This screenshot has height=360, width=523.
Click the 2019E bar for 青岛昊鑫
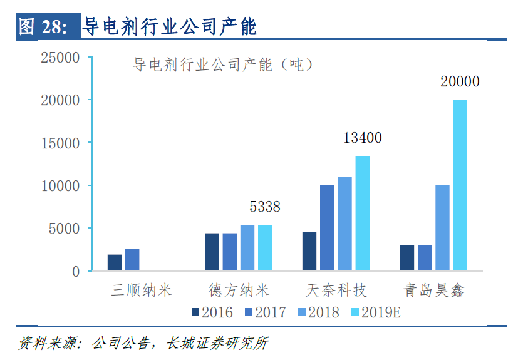pos(460,185)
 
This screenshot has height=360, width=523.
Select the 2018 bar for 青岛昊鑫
pos(442,228)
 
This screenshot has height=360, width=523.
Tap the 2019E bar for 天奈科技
pos(362,213)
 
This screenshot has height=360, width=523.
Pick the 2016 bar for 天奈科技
pos(309,252)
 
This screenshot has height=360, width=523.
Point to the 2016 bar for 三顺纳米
pos(115,263)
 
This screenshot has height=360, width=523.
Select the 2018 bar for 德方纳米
pos(247,248)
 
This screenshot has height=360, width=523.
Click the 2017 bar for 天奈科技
pos(327,228)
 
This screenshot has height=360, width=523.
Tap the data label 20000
pos(460,82)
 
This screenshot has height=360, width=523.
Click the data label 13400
pos(362,138)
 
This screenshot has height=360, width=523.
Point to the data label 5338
pos(265,207)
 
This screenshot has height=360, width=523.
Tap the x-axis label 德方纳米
pos(239,291)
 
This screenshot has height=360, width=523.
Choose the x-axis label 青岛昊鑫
pos(433,291)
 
